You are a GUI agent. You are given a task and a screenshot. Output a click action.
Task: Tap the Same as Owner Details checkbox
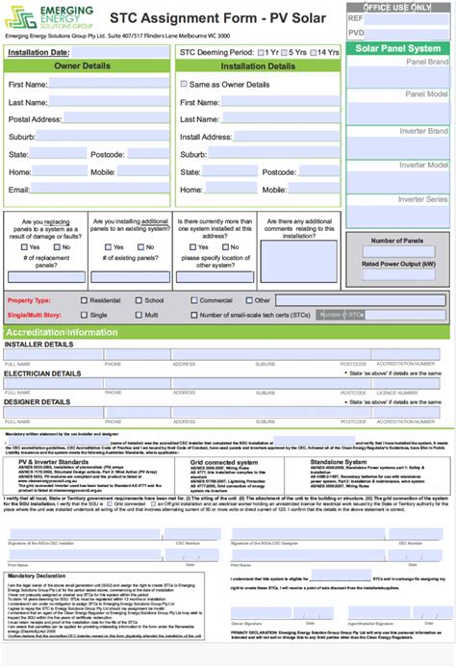click(x=185, y=85)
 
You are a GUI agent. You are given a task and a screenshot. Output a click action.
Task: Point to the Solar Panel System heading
click(x=398, y=48)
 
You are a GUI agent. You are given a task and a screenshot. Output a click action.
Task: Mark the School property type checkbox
click(x=137, y=300)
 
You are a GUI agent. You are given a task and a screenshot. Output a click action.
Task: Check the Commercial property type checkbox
click(x=192, y=300)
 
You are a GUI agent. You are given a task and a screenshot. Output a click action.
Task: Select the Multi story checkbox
click(x=137, y=315)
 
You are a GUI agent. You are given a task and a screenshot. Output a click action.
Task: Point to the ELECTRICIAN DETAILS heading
click(x=43, y=373)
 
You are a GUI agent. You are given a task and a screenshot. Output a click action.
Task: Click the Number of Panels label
click(x=397, y=241)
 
